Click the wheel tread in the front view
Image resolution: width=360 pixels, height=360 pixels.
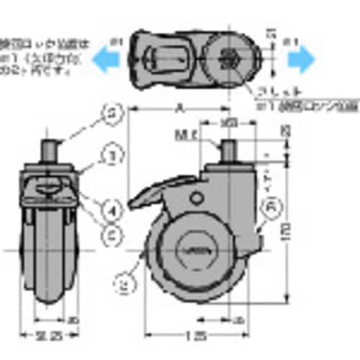[50, 259]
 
